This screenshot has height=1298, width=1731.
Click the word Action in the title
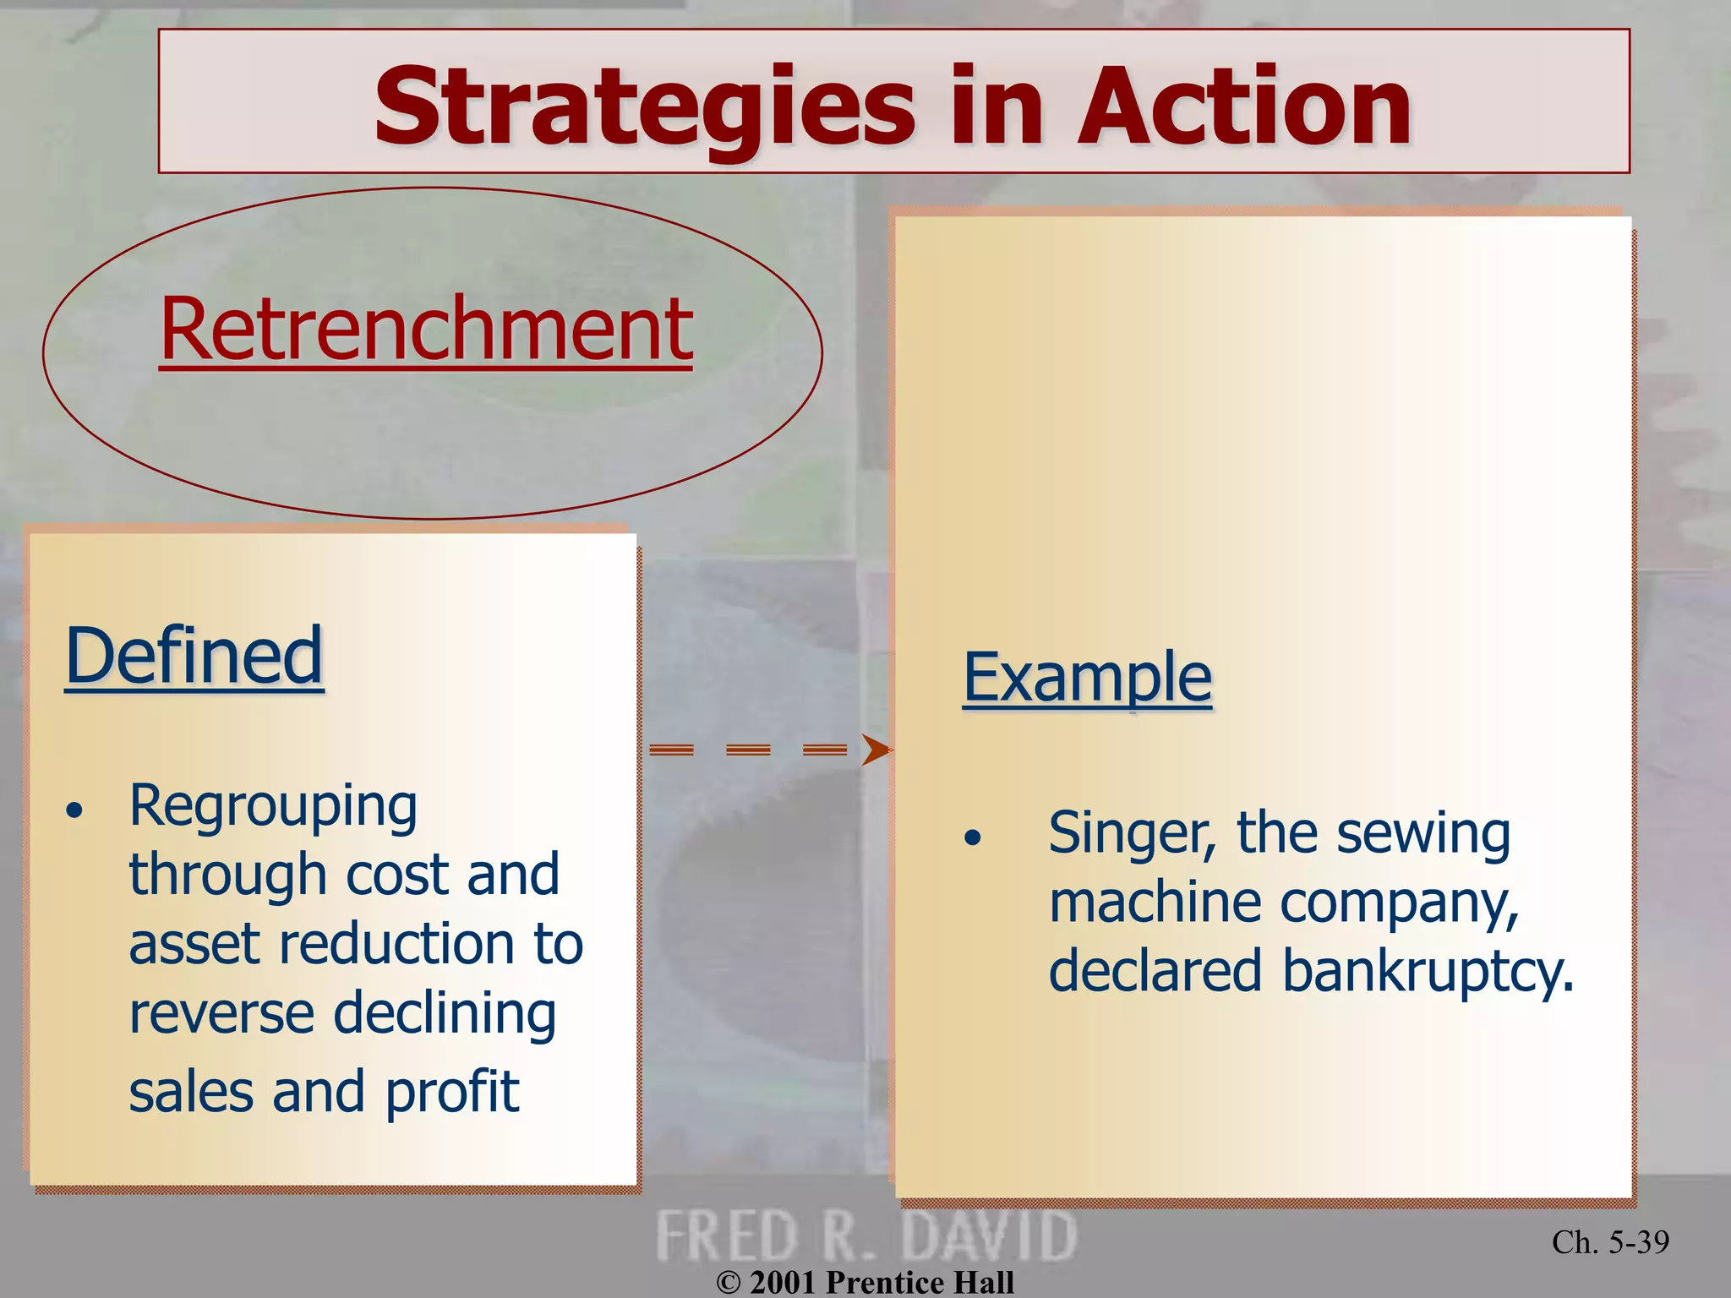click(1243, 107)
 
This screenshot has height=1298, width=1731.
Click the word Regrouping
click(273, 805)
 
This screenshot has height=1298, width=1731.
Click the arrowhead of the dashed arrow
click(876, 750)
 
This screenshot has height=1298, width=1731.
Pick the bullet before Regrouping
click(75, 810)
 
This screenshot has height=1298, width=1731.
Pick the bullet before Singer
click(973, 837)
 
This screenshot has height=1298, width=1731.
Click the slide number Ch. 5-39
click(1610, 1241)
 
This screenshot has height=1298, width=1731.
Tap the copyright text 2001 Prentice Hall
click(865, 1282)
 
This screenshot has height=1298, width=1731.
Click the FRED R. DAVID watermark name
click(865, 1235)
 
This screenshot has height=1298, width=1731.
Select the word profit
click(452, 1092)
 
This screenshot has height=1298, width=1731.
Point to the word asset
click(194, 944)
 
